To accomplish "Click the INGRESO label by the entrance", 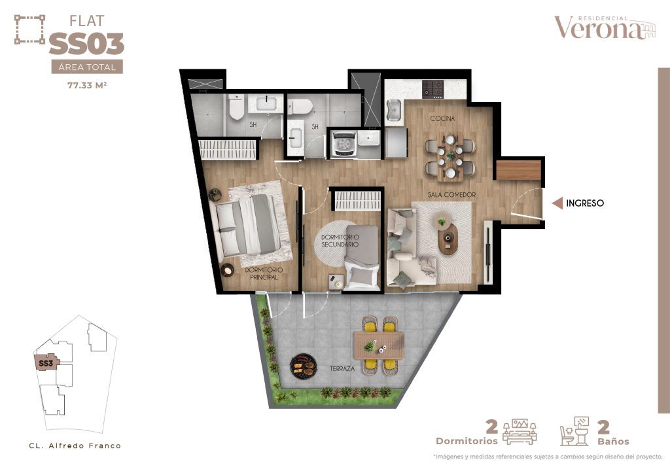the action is point(584,203).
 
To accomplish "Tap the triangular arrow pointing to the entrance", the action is point(557,203).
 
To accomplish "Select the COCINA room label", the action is point(442,118).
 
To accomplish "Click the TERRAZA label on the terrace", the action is point(342,368).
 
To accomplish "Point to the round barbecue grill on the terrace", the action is point(303,366).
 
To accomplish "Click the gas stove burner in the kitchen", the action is point(433,90).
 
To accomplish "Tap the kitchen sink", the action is point(393,111).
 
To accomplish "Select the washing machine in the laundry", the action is point(344,144).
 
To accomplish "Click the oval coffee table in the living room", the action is point(448,239).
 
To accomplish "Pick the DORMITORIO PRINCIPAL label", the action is point(264,273).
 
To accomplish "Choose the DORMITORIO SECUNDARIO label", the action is point(340,241).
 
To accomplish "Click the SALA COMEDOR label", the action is point(451,195).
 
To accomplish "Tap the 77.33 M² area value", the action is point(87,85).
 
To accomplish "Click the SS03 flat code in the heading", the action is point(87,44).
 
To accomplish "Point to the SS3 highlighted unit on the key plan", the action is point(46,364).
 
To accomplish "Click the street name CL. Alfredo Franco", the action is point(75,445).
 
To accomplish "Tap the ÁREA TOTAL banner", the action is point(87,67).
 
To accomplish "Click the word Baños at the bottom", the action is point(613,442).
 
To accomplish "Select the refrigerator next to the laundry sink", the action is point(396,143).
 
